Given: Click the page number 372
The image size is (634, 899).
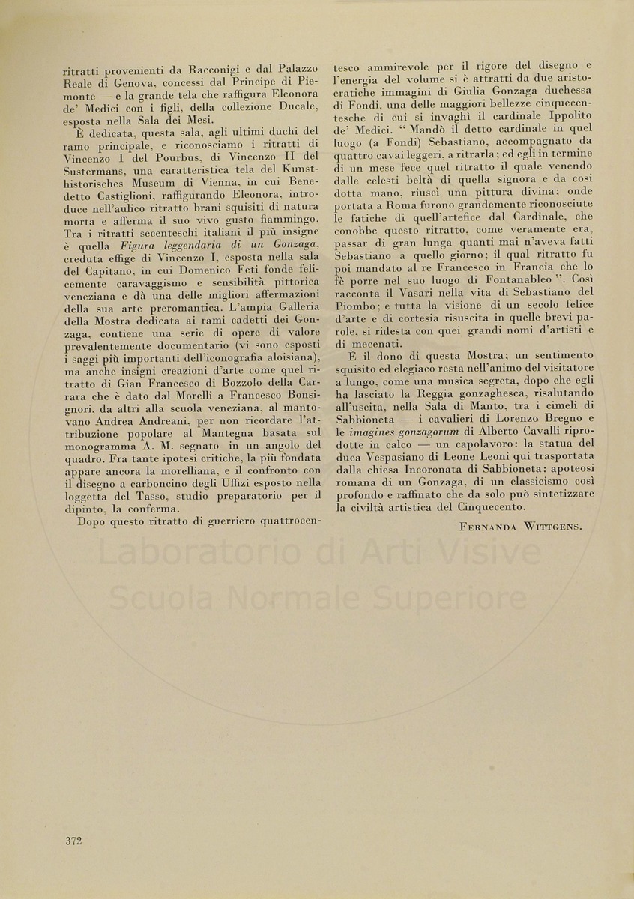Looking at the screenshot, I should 73,841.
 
